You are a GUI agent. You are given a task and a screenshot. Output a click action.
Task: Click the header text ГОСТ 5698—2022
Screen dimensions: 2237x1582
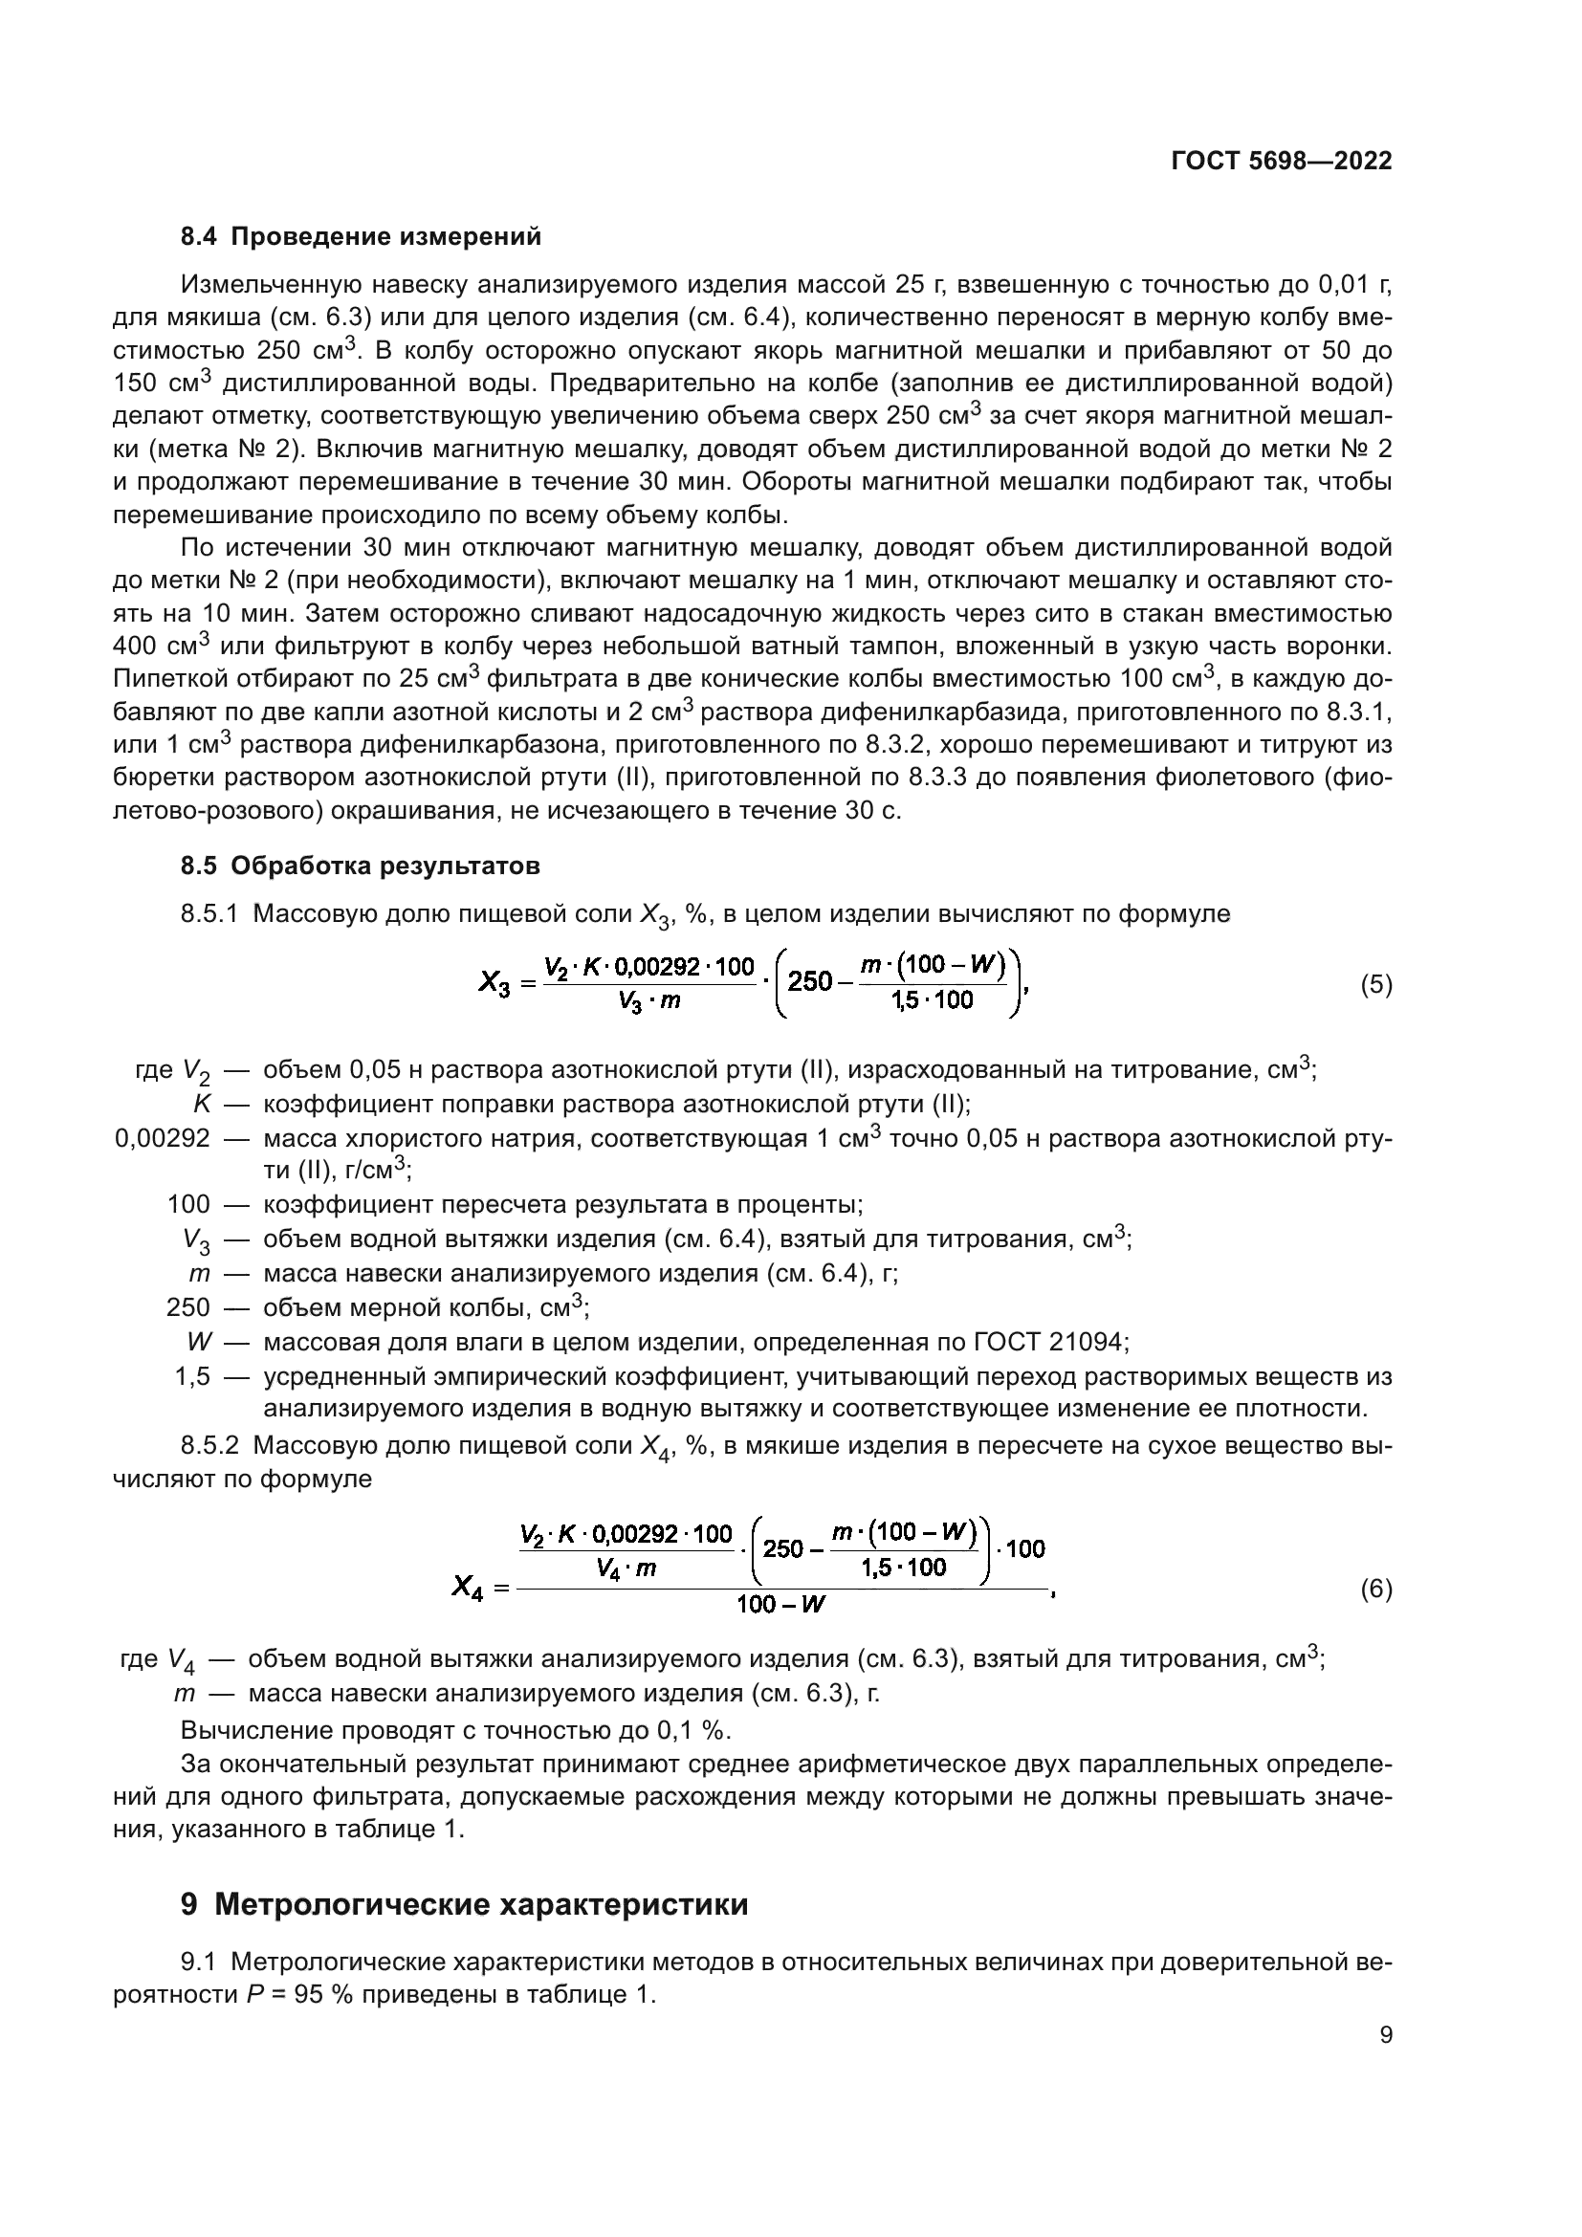pyautogui.click(x=1281, y=161)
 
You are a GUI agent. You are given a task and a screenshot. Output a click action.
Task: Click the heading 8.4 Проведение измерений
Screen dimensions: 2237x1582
pyautogui.click(x=361, y=237)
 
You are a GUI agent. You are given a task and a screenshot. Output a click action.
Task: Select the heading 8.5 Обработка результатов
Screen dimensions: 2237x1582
pyautogui.click(x=360, y=866)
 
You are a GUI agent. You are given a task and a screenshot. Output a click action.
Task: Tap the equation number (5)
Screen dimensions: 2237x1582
pyautogui.click(x=1375, y=984)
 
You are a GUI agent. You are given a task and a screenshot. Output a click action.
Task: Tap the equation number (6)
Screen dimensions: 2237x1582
pyautogui.click(x=1375, y=1590)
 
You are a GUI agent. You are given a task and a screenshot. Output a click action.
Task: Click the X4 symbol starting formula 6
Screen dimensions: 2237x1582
pyautogui.click(x=468, y=1590)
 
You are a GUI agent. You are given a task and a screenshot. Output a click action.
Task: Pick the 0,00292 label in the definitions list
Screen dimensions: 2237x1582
pyautogui.click(x=162, y=1138)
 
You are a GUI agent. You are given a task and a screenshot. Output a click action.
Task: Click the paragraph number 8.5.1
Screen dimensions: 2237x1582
pyautogui.click(x=209, y=914)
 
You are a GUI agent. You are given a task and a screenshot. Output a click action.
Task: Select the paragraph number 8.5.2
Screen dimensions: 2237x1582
pyautogui.click(x=209, y=1445)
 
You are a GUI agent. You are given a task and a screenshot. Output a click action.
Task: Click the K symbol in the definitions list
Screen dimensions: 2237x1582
pyautogui.click(x=202, y=1104)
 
